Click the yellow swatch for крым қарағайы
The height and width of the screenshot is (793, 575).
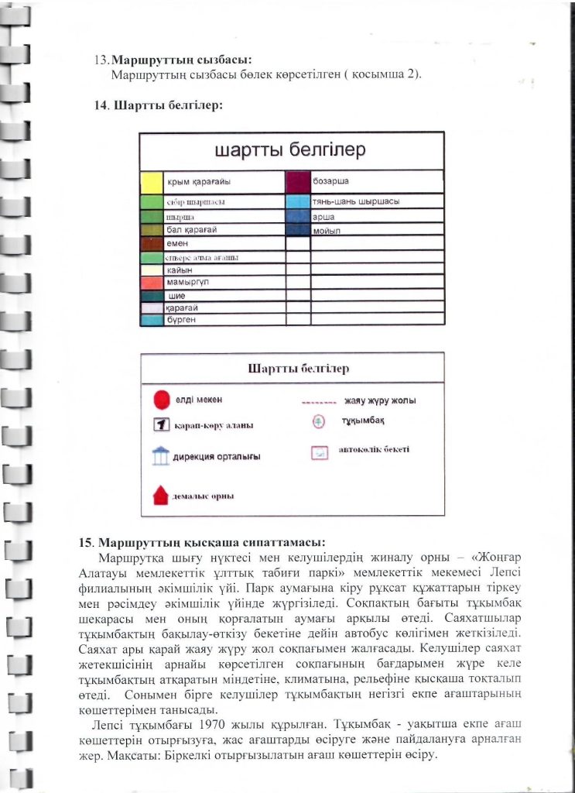pyautogui.click(x=152, y=182)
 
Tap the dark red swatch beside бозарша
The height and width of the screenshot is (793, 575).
pyautogui.click(x=297, y=182)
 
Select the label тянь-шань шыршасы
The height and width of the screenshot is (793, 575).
pyautogui.click(x=355, y=201)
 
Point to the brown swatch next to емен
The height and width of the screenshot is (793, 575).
pyautogui.click(x=152, y=244)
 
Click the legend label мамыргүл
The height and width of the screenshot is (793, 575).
pyautogui.click(x=188, y=283)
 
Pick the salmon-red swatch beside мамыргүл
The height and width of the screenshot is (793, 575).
pyautogui.click(x=152, y=283)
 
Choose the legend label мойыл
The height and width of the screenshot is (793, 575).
pyautogui.click(x=328, y=232)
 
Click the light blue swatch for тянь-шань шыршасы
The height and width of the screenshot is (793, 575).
pyautogui.click(x=297, y=201)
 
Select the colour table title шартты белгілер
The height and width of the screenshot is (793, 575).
pyautogui.click(x=290, y=150)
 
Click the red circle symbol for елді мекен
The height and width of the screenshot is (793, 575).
pyautogui.click(x=161, y=400)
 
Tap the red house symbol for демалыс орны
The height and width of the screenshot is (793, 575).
pyautogui.click(x=161, y=495)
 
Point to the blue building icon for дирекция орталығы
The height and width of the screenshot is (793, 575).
pyautogui.click(x=161, y=456)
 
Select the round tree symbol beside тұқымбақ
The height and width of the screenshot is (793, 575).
pyautogui.click(x=317, y=422)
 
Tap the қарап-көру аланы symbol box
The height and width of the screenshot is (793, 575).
pyautogui.click(x=161, y=425)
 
